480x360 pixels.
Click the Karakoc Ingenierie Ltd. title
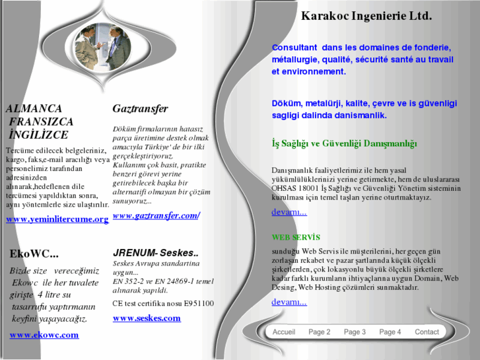click(366, 15)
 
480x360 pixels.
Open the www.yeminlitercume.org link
click(57, 219)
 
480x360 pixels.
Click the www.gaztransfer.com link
click(156, 216)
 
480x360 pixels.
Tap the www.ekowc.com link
click(44, 335)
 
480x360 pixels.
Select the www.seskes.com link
click(147, 318)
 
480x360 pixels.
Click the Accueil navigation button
click(284, 332)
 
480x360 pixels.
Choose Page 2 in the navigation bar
click(319, 332)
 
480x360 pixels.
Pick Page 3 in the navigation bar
click(355, 332)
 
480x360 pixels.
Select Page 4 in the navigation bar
click(390, 332)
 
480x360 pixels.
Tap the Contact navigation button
click(427, 332)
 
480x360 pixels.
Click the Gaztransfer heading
click(140, 108)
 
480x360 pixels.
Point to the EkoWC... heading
click(34, 254)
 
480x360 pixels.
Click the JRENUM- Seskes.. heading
click(156, 253)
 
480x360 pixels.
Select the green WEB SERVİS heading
click(296, 237)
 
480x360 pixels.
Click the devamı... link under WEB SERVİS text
click(289, 302)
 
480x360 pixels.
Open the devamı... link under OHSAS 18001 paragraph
click(289, 212)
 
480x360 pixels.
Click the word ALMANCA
click(34, 108)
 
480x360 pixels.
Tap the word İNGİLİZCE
click(38, 135)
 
